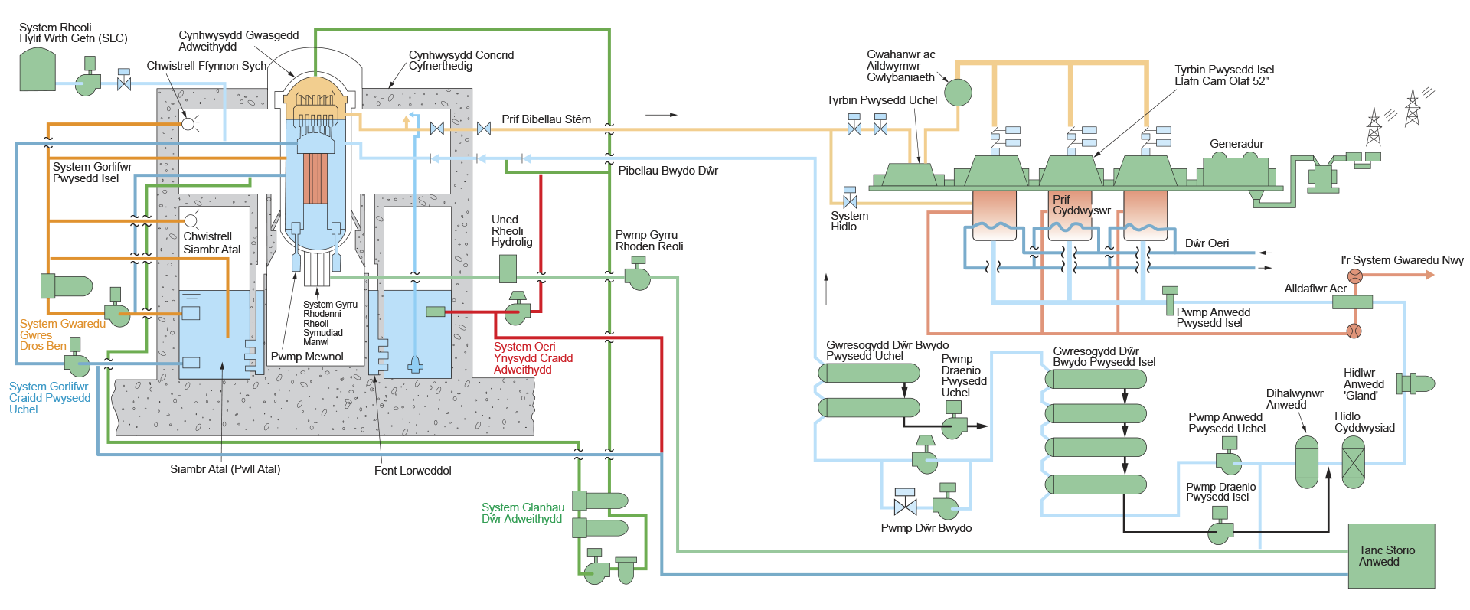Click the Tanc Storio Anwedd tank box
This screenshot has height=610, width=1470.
point(1390,556)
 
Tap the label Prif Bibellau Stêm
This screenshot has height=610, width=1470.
point(546,119)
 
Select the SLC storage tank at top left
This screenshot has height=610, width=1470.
point(37,70)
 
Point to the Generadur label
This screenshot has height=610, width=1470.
point(1236,144)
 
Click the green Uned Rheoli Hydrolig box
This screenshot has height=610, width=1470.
point(508,269)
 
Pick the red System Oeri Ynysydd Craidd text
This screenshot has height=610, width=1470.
point(533,358)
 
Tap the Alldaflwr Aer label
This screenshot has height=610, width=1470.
point(1315,289)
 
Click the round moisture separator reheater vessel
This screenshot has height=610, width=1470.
point(957,93)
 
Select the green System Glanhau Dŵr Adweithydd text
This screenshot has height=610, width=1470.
point(522,513)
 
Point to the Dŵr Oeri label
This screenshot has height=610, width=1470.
point(1207,243)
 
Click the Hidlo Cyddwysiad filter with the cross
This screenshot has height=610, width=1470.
point(1353,462)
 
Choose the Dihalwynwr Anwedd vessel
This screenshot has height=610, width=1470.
point(1306,462)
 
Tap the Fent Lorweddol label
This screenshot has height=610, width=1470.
point(413,471)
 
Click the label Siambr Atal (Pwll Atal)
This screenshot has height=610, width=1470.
point(225,469)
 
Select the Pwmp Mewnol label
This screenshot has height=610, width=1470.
point(307,357)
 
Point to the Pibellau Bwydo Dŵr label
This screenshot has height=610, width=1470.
point(668,171)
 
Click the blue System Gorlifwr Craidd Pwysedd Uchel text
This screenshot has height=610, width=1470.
point(50,398)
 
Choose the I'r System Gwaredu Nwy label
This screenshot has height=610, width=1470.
point(1401,260)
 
